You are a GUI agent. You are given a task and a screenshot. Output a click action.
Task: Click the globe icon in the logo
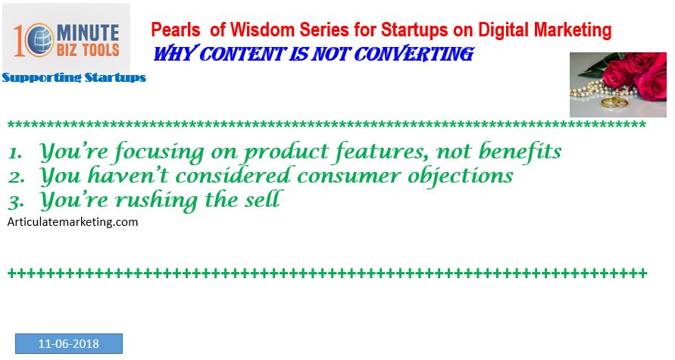[x=39, y=40]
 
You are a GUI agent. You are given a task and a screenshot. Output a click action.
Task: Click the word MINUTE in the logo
[x=88, y=33]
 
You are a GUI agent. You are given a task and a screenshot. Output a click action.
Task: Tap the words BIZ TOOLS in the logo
[x=88, y=50]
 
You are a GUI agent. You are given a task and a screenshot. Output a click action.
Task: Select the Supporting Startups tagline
[x=74, y=77]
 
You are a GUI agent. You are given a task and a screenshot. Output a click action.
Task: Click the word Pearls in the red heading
[x=176, y=30]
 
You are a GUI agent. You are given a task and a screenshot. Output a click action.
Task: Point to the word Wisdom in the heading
[x=262, y=30]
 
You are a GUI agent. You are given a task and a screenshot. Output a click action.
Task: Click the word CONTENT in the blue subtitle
[x=242, y=54]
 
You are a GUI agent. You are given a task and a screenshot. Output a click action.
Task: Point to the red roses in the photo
[x=636, y=74]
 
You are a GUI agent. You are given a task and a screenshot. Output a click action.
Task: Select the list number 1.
[x=14, y=153]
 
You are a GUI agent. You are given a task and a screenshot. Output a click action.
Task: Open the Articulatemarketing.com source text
[x=73, y=222]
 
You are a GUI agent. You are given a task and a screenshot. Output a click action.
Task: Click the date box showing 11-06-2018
[x=69, y=343]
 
